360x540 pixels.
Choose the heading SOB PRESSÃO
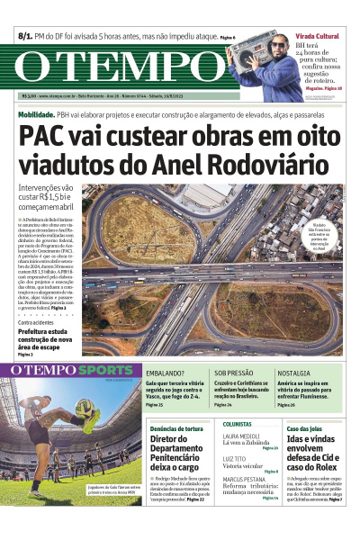[233, 372]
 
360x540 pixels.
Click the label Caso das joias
[302, 428]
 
